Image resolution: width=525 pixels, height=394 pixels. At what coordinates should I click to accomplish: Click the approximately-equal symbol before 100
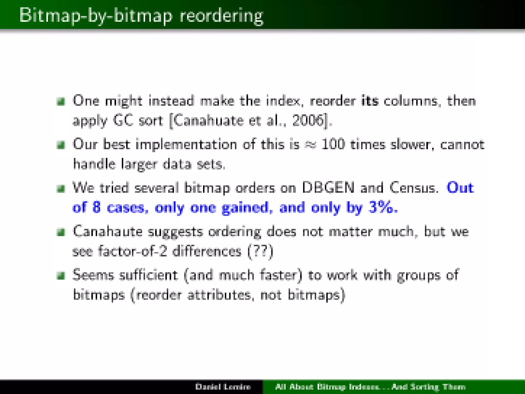[x=310, y=145]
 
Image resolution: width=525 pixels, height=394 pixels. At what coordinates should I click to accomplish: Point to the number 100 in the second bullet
[x=333, y=144]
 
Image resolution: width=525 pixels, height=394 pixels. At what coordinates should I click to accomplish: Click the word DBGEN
[x=328, y=188]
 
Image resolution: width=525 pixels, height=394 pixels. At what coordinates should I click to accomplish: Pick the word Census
[x=412, y=188]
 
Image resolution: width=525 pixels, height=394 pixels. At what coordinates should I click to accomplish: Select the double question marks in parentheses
[x=260, y=251]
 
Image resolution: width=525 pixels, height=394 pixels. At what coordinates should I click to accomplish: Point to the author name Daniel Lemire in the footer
[x=223, y=387]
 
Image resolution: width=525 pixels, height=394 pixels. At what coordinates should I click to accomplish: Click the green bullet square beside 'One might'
[x=61, y=101]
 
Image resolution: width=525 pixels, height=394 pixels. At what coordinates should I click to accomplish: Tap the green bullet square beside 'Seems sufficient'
[x=61, y=276]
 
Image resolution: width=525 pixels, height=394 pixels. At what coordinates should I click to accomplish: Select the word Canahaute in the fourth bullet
[x=107, y=232]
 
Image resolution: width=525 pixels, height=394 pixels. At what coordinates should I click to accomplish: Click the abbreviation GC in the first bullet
[x=123, y=120]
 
